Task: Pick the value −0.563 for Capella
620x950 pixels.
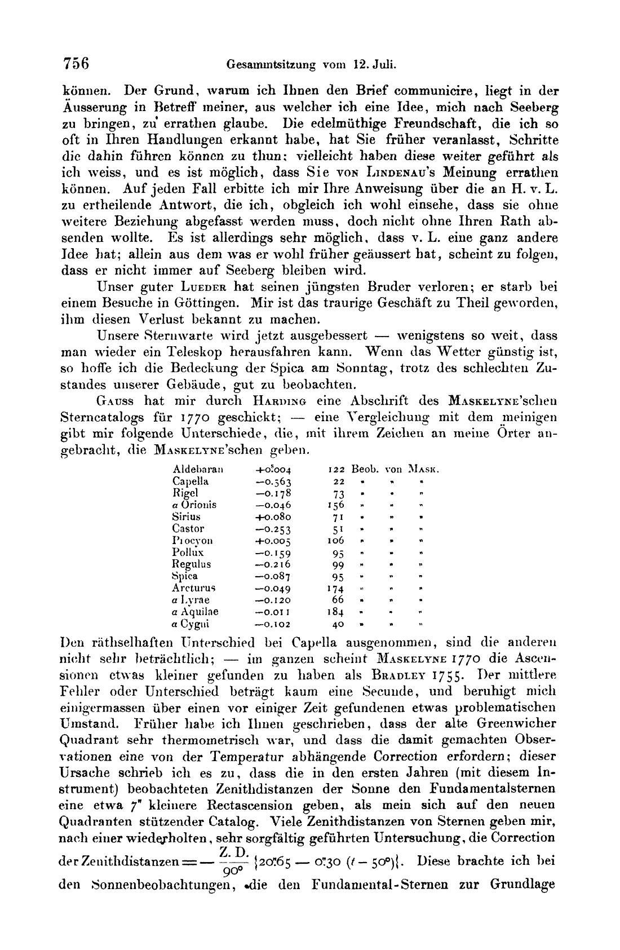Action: tap(273, 481)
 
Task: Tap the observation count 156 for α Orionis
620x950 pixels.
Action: tap(335, 505)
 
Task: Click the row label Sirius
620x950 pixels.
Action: tap(186, 516)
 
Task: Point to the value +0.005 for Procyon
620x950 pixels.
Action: tap(273, 541)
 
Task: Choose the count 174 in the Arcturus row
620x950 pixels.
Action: tap(335, 588)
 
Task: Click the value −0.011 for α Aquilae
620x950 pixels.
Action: tap(273, 612)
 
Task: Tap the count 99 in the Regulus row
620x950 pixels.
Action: tap(338, 564)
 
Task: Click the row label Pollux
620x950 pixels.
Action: tap(188, 553)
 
